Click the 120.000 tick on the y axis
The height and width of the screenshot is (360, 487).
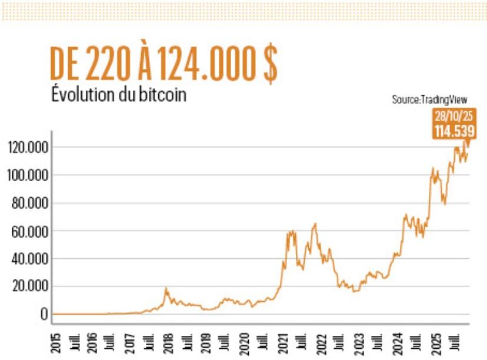(x=28, y=147)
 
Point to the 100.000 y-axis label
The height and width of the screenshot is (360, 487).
(x=28, y=175)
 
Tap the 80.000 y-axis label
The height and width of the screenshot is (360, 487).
(x=29, y=204)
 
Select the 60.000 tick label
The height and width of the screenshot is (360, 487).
(x=29, y=231)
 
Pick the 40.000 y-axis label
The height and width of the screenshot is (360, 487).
(x=29, y=259)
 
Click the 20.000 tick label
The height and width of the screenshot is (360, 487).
(x=29, y=286)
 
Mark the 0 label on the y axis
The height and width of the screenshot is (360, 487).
(x=44, y=314)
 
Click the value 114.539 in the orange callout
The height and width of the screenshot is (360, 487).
(x=453, y=131)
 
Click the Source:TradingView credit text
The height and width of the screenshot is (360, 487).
(x=429, y=100)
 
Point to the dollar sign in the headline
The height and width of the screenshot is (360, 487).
(x=269, y=65)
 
